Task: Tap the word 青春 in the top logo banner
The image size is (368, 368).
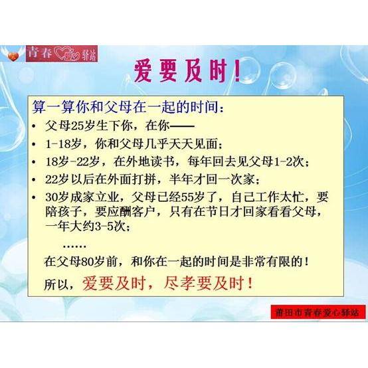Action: (x=40, y=52)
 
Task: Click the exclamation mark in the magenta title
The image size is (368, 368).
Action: (x=238, y=71)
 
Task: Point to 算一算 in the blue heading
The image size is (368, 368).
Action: (x=53, y=107)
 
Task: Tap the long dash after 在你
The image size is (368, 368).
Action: (x=182, y=127)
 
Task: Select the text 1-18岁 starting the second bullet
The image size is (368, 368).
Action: (x=63, y=143)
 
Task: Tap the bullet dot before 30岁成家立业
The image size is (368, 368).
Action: (x=35, y=197)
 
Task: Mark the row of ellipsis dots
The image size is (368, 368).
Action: (x=74, y=246)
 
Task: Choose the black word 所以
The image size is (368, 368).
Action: (x=56, y=284)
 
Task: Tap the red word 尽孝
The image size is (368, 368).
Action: (x=179, y=283)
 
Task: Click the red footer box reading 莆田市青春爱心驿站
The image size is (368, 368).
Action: (x=318, y=312)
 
